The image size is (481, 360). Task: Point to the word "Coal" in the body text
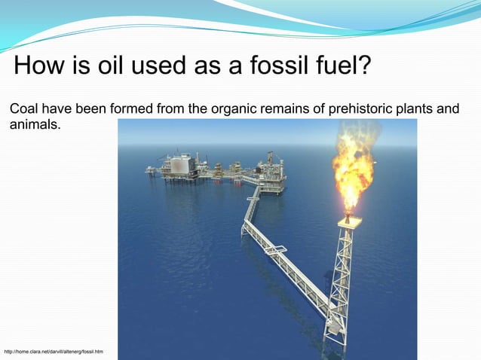(24, 110)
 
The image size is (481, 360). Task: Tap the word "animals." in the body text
(35, 124)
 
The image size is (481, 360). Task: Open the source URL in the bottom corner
(54, 352)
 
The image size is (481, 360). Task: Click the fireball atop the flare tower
(352, 169)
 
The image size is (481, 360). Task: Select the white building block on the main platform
(179, 163)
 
